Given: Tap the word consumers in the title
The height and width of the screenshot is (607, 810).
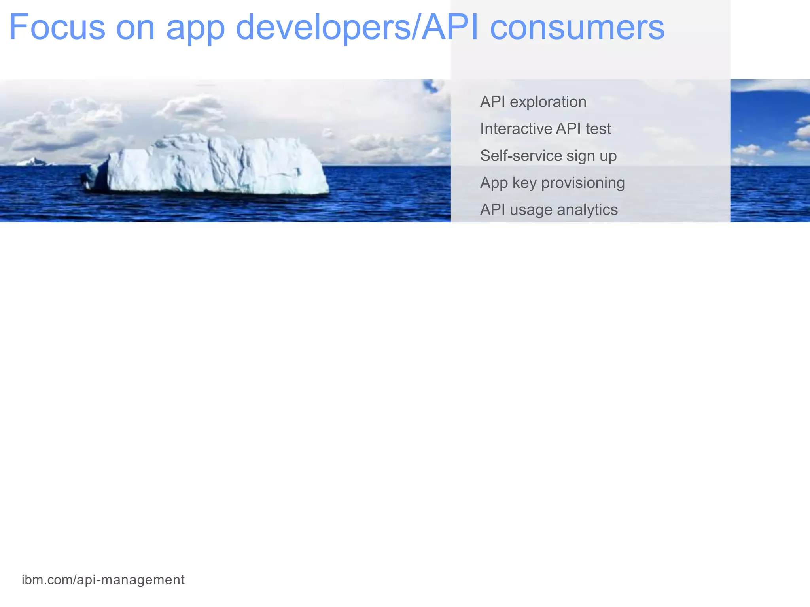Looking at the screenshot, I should point(577,28).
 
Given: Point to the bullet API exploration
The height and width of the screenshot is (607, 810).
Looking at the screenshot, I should point(533,102).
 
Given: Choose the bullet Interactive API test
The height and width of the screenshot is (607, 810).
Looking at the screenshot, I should point(545,129).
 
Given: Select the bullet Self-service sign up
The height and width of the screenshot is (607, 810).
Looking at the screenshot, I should point(548,156).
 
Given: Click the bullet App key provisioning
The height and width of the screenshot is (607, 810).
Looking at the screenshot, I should point(552,183).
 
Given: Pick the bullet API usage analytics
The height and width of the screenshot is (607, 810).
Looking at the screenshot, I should point(549,210).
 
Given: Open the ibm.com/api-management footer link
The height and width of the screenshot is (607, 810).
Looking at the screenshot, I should point(103,580).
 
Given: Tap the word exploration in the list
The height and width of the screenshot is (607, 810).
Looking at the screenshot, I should point(548,102).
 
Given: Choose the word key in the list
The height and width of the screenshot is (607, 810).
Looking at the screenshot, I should point(524,183).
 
